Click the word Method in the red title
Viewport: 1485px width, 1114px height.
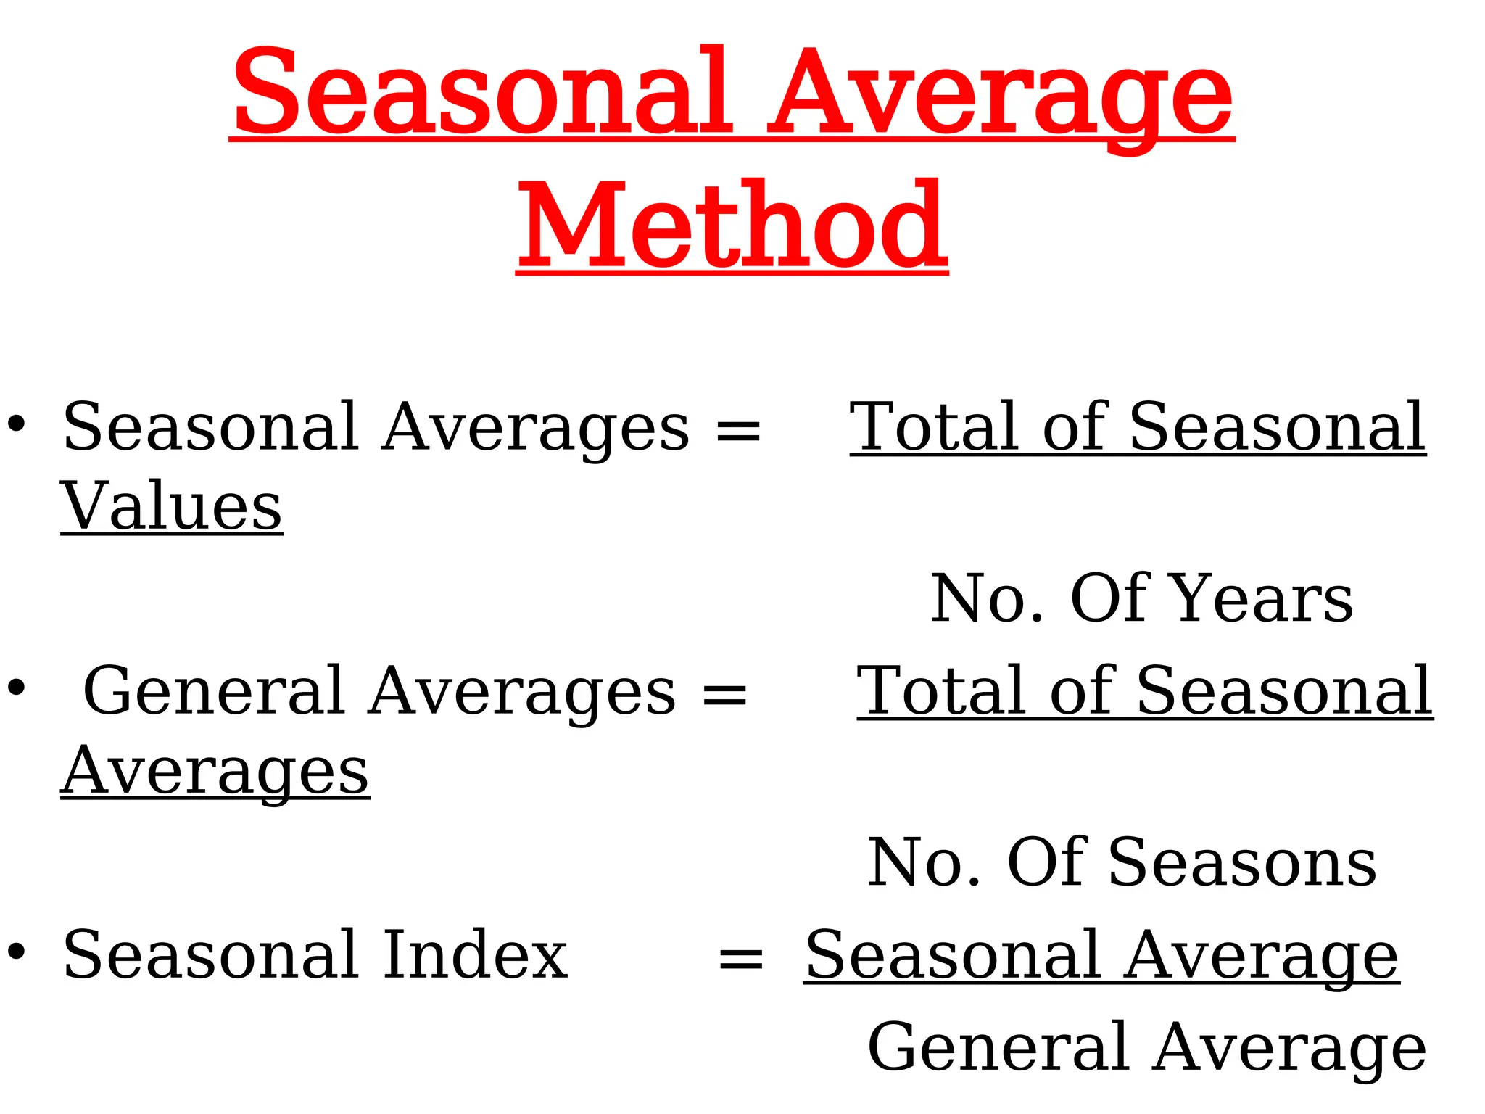[732, 226]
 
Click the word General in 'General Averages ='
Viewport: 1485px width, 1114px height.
[214, 692]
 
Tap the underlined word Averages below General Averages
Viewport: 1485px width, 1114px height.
[215, 773]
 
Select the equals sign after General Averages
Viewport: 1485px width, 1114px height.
[724, 693]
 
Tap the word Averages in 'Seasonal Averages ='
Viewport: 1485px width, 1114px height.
[537, 428]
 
